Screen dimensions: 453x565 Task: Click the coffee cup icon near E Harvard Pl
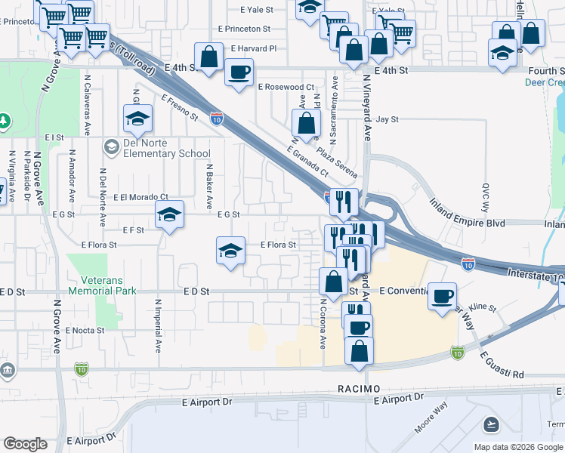[x=239, y=72]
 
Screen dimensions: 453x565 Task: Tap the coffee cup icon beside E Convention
[x=442, y=295]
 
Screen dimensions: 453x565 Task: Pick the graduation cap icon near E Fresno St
[x=137, y=119]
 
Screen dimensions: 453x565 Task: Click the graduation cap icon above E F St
[x=170, y=215]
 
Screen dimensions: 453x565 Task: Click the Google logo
[x=25, y=444]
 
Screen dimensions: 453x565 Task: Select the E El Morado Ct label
[x=140, y=197]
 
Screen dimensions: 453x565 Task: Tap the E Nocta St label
[x=85, y=331]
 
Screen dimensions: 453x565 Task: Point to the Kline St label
[x=481, y=308]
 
